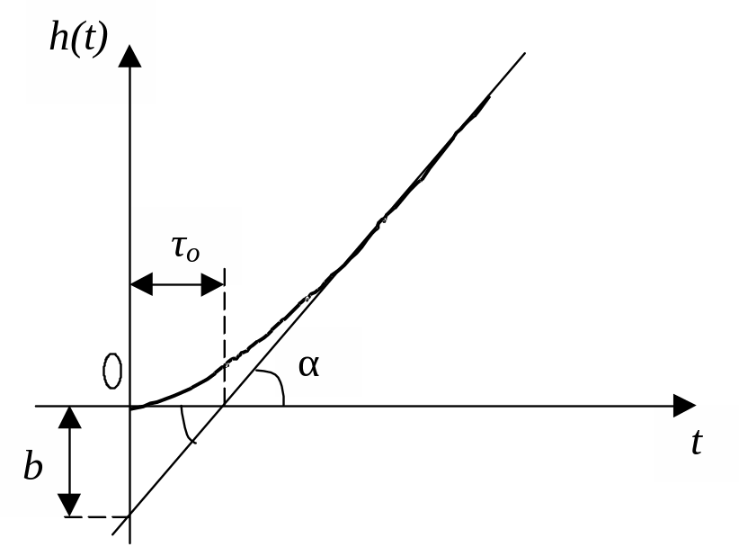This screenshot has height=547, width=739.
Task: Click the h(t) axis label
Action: point(78,40)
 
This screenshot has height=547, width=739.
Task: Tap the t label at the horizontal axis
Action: point(697,443)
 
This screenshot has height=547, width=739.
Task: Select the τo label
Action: point(185,247)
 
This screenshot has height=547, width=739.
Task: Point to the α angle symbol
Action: point(309,365)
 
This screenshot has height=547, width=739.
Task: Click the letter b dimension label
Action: point(33,468)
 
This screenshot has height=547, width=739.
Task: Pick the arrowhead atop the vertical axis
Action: point(130,56)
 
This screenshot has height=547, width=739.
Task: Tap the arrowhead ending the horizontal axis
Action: point(683,406)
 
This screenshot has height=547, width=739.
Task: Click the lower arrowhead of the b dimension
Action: point(68,505)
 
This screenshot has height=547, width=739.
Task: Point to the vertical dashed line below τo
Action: point(224,342)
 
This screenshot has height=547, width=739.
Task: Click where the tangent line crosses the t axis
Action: point(224,406)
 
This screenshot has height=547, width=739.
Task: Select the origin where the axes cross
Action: point(130,406)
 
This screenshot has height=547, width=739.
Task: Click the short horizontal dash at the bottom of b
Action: point(99,517)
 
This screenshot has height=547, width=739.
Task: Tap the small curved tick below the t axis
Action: point(188,426)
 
